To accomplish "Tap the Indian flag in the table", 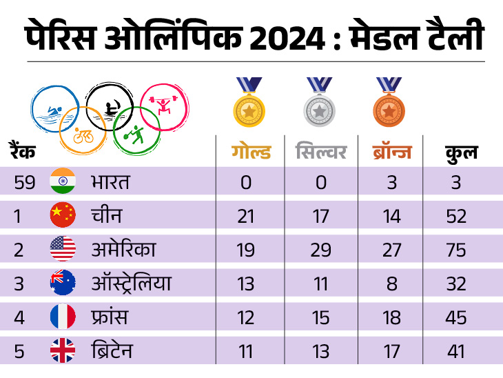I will [63, 182].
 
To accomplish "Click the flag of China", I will [63, 216].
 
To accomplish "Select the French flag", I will [63, 317].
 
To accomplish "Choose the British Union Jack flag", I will [63, 351].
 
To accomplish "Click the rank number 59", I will [25, 183].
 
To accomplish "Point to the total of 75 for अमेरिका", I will [456, 250].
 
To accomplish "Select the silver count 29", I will [320, 250].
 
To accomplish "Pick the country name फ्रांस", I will [109, 317].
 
